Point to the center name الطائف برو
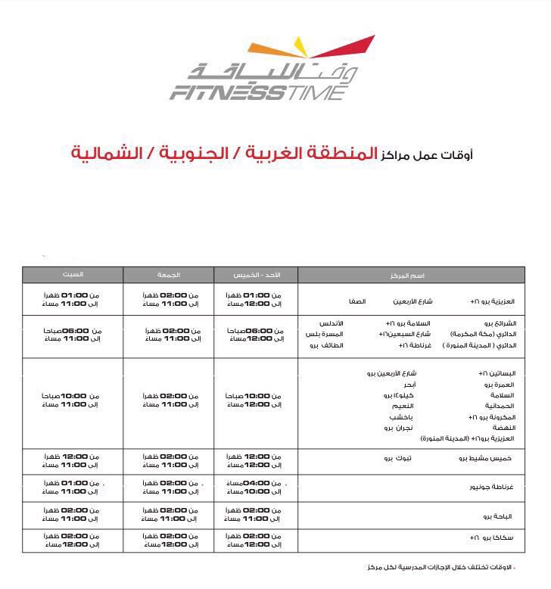327,345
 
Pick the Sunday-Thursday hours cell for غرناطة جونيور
255,487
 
